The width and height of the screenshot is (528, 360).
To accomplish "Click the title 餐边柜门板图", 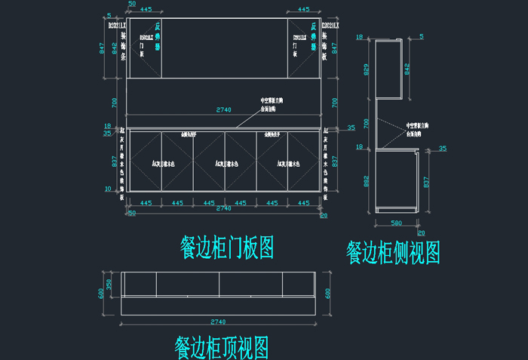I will (226, 247).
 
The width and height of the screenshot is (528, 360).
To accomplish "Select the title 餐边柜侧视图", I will (393, 252).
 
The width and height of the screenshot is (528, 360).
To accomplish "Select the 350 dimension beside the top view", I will (109, 284).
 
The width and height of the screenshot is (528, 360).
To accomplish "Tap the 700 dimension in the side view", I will (367, 122).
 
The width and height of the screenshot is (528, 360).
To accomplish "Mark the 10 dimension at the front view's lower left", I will (109, 189).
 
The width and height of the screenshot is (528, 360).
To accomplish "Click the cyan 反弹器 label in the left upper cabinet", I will (158, 35).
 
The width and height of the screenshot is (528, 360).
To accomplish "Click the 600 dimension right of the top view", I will (327, 294).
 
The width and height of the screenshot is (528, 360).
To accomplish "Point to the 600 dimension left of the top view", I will (100, 294).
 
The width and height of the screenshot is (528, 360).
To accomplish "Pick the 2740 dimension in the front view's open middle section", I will (223, 110).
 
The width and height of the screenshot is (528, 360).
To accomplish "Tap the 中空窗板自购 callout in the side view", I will (419, 125).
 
